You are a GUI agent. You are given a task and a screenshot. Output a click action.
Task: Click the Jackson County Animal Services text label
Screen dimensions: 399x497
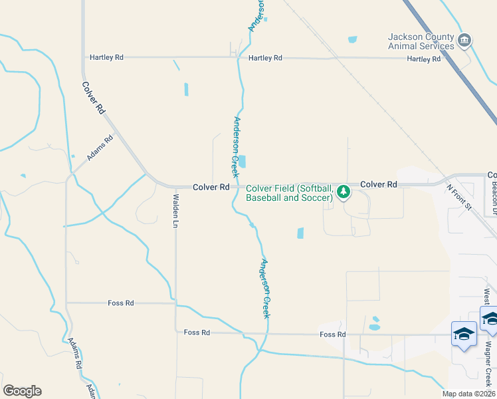click(421, 41)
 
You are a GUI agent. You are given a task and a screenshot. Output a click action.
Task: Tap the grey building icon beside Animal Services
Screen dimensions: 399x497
click(465, 41)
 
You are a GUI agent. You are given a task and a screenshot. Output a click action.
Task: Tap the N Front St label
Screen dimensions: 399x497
click(458, 198)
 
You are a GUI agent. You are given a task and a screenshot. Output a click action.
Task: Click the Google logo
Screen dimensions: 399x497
click(22, 391)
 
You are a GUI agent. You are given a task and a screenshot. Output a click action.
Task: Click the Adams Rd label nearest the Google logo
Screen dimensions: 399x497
click(75, 353)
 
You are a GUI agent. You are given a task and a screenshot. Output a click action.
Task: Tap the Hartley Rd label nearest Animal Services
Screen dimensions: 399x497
click(424, 59)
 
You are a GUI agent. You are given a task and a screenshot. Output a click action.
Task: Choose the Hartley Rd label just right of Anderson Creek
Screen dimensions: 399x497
click(265, 58)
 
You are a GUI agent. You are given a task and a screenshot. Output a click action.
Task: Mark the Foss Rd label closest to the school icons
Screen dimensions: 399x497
click(332, 334)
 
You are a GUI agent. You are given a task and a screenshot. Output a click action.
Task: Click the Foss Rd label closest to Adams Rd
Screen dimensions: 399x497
click(121, 303)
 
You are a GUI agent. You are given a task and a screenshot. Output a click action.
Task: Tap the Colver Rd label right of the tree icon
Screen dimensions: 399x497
click(379, 184)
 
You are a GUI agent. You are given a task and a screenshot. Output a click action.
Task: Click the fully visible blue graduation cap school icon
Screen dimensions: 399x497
click(464, 334)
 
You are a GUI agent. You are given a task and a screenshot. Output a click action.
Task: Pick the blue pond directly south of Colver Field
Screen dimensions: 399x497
click(300, 233)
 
